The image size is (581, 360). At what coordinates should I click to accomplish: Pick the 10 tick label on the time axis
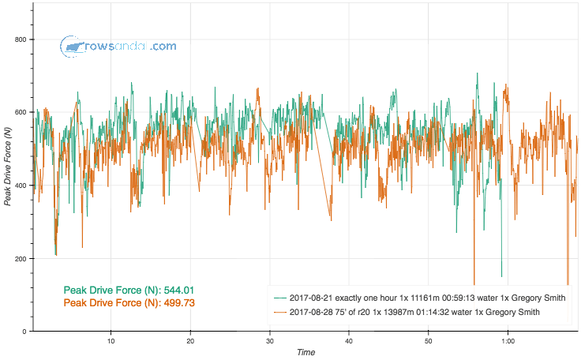[x=111, y=341]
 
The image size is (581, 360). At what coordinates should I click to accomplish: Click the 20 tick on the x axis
[x=190, y=341]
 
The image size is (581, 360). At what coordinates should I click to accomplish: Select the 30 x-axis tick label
[x=270, y=341]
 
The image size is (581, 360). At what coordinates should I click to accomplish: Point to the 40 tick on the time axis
[x=349, y=341]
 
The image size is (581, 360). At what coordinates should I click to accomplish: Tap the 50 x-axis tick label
[x=429, y=341]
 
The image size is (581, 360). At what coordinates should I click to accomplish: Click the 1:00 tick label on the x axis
[x=508, y=341]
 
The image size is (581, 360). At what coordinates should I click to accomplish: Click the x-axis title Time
[x=305, y=353]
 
